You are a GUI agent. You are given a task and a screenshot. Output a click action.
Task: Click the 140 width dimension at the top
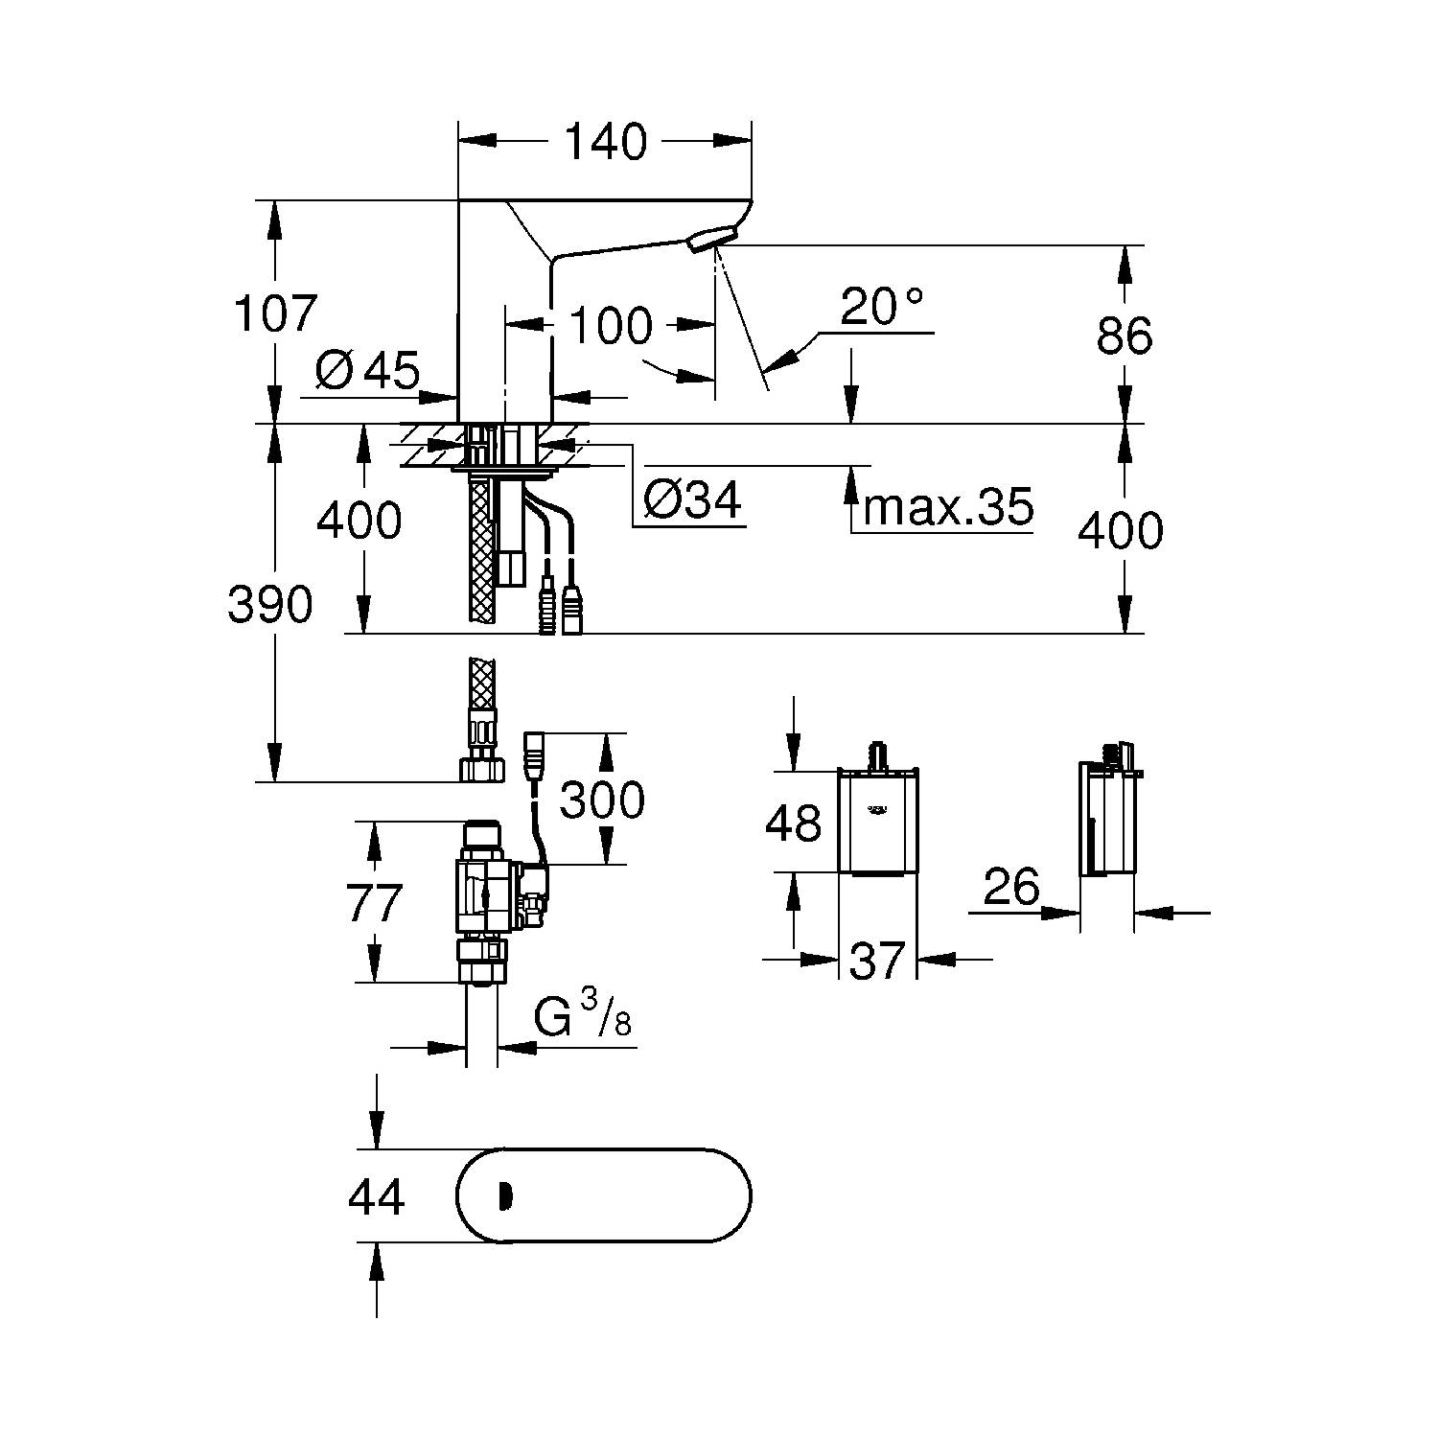[x=606, y=142]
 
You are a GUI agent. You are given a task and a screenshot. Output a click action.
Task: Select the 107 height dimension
[x=275, y=313]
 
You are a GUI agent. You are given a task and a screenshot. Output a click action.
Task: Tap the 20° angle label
[x=882, y=307]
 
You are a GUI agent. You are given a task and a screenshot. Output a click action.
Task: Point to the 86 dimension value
[x=1125, y=336]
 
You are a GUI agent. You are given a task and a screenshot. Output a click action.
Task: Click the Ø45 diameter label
[x=367, y=370]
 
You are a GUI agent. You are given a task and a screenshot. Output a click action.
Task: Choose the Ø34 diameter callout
[x=692, y=499]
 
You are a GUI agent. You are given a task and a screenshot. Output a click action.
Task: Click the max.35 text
[x=947, y=507]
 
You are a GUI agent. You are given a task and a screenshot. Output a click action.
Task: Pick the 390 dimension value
[x=269, y=605]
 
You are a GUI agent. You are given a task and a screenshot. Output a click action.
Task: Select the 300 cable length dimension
[x=602, y=799]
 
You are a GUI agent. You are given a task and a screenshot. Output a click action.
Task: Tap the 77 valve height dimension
[x=374, y=902]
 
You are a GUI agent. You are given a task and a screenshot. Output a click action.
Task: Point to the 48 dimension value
[x=793, y=823]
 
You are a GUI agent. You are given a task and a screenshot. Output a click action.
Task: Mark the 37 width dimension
[x=877, y=960]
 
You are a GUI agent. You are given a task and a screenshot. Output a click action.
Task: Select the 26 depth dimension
[x=1011, y=888]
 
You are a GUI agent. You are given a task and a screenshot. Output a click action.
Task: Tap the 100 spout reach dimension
[x=610, y=326]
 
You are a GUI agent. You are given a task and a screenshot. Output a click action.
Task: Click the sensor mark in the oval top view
[x=505, y=1196]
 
